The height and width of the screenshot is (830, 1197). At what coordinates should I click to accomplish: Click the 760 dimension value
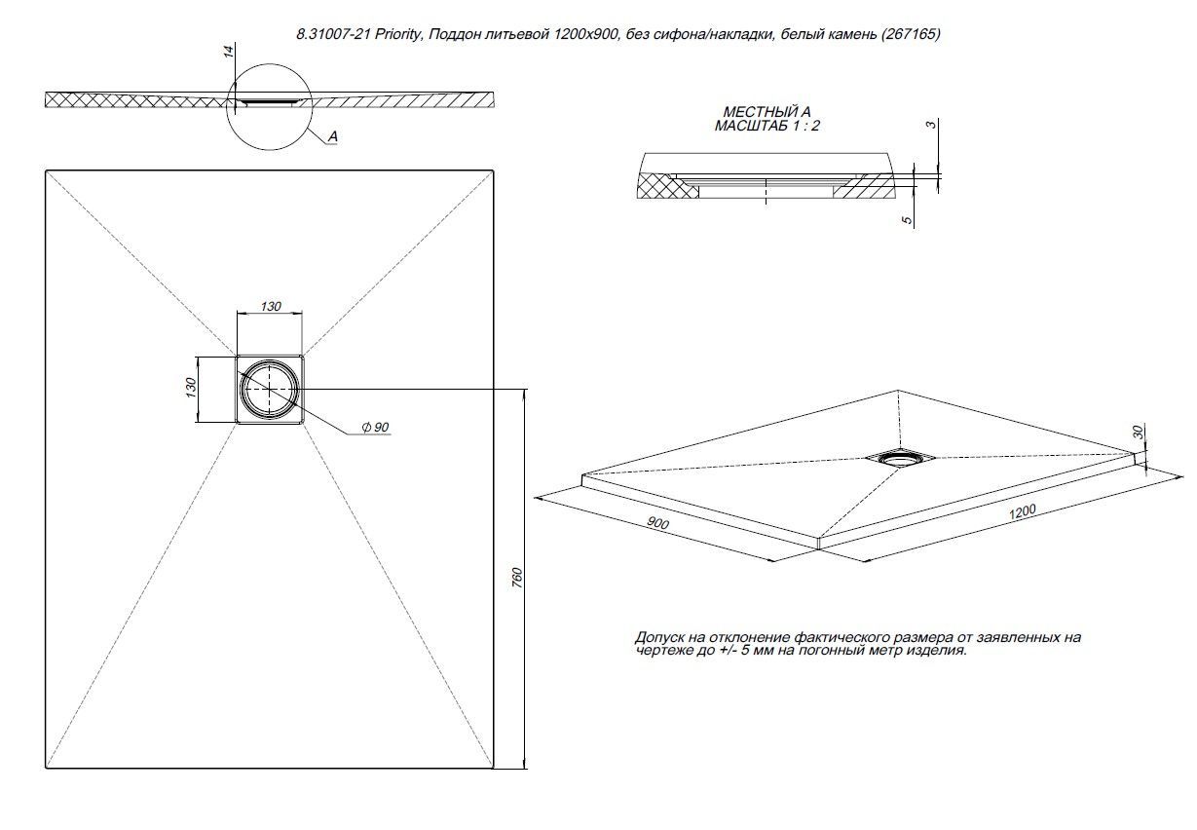517,577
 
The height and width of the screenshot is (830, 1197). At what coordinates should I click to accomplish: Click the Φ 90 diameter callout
375,429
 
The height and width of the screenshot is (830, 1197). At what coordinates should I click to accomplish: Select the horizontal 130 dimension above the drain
270,307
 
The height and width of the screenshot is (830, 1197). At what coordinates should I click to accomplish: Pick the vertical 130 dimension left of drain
191,387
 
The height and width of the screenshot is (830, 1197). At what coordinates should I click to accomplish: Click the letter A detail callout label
332,138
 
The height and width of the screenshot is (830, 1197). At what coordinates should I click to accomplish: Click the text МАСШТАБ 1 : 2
761,126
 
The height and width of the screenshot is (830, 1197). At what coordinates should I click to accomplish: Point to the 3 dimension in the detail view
931,125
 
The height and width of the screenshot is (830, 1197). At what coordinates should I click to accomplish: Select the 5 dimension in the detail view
908,221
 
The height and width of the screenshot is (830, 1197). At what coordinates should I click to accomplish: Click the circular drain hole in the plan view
270,389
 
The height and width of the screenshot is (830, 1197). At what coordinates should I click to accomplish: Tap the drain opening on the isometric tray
902,457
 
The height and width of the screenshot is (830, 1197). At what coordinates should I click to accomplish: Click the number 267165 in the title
911,34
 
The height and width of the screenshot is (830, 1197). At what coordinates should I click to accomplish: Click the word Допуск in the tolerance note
658,637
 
